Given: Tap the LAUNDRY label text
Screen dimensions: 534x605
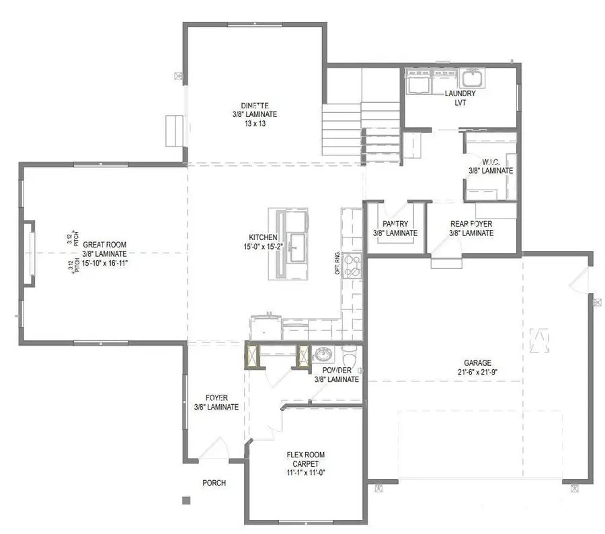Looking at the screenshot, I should [460, 94].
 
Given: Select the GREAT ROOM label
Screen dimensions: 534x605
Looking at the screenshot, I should [104, 245].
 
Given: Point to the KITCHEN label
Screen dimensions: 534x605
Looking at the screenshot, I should [263, 237].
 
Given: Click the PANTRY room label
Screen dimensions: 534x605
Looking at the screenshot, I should [395, 224].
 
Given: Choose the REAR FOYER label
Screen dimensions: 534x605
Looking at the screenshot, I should [471, 224].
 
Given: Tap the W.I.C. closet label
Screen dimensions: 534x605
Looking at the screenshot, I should [490, 161].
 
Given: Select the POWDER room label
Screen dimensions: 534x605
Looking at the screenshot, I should [337, 371].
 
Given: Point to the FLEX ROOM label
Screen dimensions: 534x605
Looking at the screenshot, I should [305, 455].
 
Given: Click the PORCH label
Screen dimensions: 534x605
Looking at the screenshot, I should [214, 483].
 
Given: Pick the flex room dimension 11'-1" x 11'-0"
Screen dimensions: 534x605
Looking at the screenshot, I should [305, 473].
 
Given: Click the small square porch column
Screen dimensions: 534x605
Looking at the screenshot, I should [186, 500].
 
